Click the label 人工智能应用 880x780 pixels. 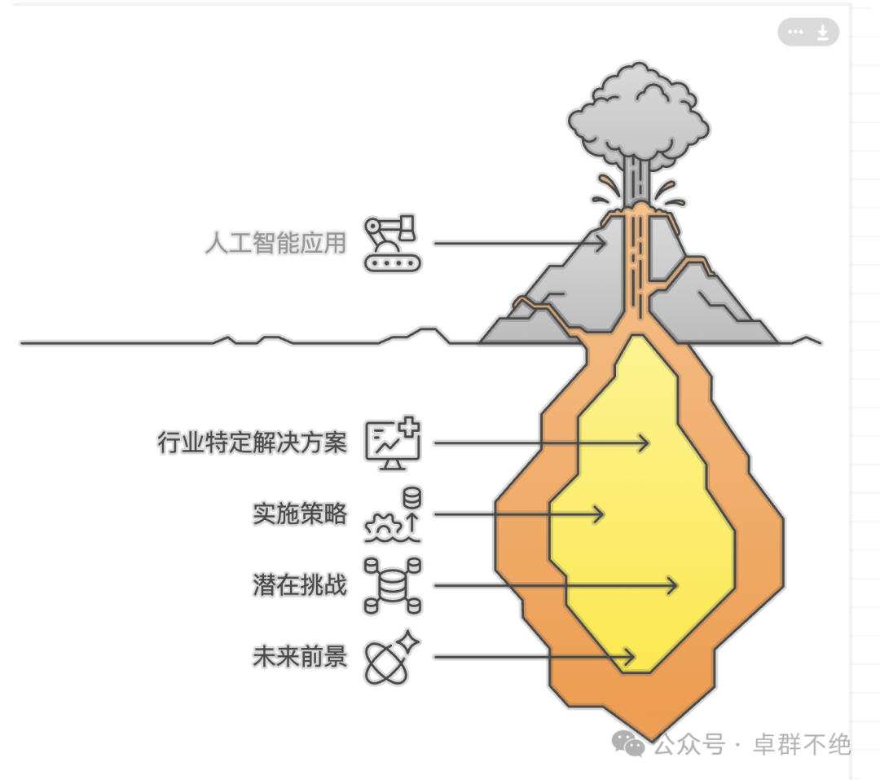275,243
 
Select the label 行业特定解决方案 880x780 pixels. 252,443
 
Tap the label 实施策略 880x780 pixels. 299,514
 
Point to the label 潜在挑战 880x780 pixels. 299,585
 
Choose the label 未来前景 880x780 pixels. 299,656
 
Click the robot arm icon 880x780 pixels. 392,243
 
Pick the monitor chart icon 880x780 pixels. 392,443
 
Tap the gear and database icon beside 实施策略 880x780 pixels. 394,514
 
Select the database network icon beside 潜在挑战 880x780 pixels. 392,585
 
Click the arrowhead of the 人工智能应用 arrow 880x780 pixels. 604,243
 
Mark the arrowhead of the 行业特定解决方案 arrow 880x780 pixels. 646,443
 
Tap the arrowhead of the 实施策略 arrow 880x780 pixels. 601,514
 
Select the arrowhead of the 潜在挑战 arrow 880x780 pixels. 675,585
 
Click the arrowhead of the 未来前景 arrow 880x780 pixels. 631,656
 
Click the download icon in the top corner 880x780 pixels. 823,33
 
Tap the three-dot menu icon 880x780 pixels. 796,33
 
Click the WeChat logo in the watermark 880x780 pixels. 628,743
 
